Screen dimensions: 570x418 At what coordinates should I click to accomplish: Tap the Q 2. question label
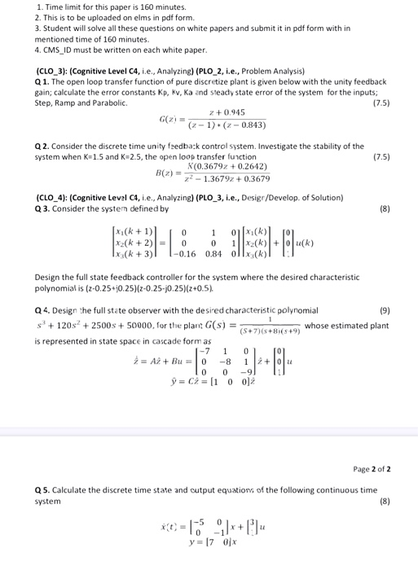(x=44, y=146)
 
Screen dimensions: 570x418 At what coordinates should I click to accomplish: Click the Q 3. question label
(x=44, y=208)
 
